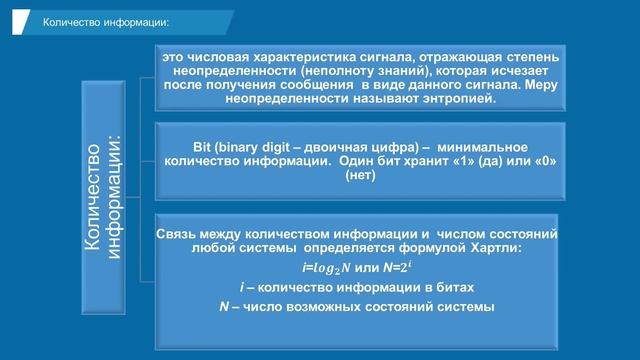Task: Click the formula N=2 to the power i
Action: coord(398,267)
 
